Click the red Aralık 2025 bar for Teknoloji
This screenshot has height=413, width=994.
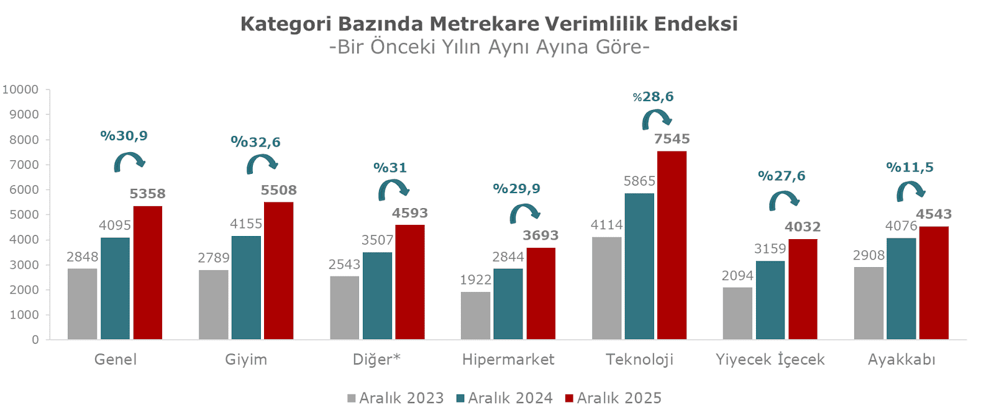(672, 245)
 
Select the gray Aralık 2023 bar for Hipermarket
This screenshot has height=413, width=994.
(475, 315)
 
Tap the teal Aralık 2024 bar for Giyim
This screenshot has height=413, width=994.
(246, 288)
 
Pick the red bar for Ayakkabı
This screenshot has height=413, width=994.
(934, 283)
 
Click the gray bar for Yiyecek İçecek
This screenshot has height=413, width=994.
(737, 313)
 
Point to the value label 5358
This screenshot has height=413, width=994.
(147, 194)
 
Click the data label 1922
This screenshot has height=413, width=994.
(476, 280)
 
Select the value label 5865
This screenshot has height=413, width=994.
(639, 181)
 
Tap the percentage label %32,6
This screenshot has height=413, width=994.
(255, 142)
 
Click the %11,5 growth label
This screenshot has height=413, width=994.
(910, 167)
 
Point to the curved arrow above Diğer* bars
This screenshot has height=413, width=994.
(393, 189)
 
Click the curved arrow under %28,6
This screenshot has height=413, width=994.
(656, 119)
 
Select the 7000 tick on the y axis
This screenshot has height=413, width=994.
(24, 165)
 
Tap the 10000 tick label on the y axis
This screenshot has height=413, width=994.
(21, 89)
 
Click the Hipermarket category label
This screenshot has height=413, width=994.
(508, 360)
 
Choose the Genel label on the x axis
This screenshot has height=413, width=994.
(116, 360)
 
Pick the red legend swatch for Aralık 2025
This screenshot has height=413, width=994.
(569, 398)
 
